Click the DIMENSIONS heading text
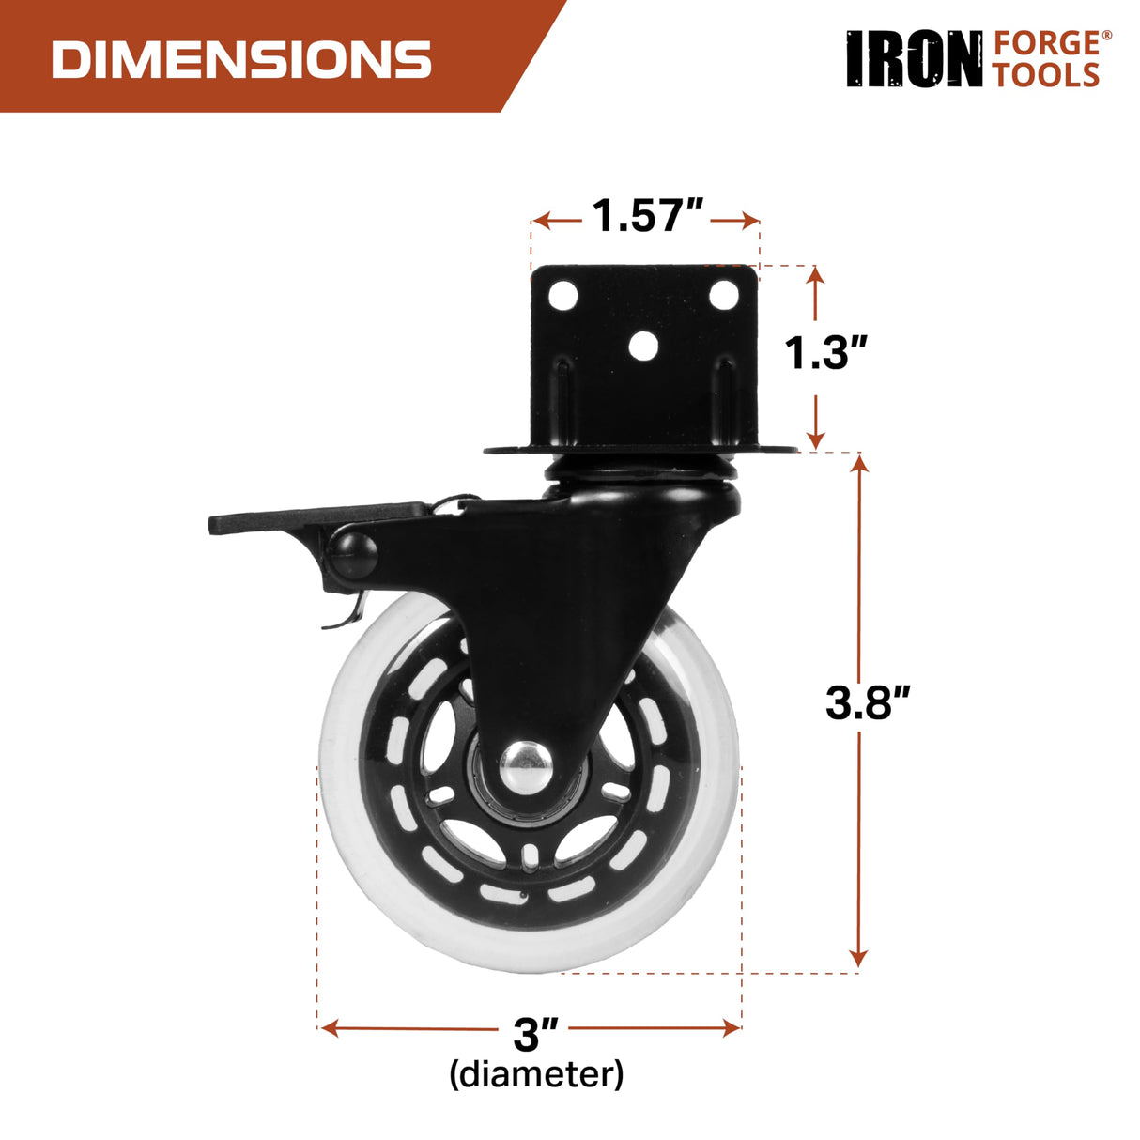(241, 59)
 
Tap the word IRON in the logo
(914, 59)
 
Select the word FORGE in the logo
(1045, 43)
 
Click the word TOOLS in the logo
(1045, 75)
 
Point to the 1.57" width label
(647, 216)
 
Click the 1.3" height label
(824, 353)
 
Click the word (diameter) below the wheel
(536, 1073)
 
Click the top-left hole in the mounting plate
(563, 296)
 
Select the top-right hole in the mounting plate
(723, 295)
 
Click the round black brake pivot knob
(353, 555)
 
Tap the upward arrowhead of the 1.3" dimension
(815, 274)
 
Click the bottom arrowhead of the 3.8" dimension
(857, 958)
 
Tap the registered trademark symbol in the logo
(1106, 37)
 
